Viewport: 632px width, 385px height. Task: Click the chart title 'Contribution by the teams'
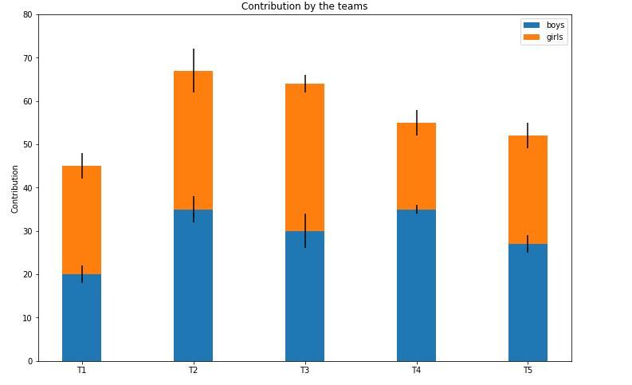pos(304,6)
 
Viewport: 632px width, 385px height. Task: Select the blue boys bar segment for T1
pos(81,319)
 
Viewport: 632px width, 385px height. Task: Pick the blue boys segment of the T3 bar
pos(304,299)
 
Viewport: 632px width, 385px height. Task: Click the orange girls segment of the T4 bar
pos(416,167)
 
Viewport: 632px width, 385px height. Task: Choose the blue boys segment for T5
pos(528,303)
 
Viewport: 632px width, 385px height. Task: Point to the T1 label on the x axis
pos(81,371)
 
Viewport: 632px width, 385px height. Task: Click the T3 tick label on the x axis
pos(304,371)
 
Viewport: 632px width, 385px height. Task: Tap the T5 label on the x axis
pos(528,371)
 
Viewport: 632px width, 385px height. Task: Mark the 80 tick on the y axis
pos(28,15)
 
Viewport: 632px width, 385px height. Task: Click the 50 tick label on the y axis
pos(28,145)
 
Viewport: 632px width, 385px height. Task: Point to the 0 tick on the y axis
pos(30,361)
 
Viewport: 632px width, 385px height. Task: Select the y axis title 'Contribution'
pos(15,189)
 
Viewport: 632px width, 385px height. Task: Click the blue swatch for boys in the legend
pos(531,26)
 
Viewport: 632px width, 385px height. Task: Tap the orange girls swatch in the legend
pos(531,37)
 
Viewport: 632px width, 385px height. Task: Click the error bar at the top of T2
pos(193,60)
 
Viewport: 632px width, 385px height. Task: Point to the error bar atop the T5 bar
pos(528,129)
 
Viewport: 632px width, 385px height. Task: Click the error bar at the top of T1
pos(81,159)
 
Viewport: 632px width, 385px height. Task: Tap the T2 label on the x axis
pos(193,371)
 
